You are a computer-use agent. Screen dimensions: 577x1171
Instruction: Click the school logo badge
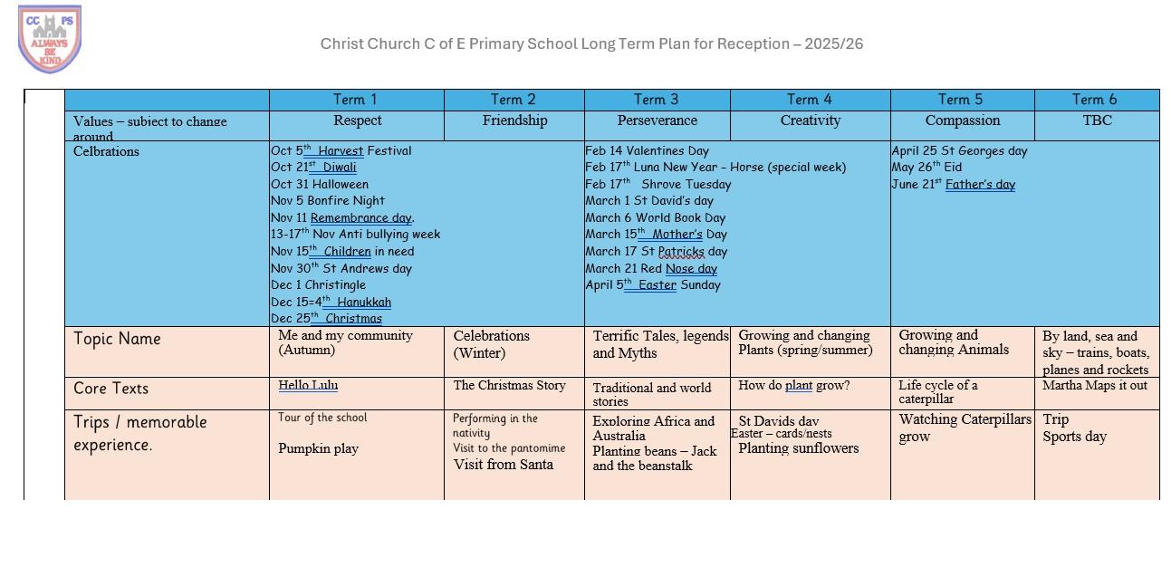pyautogui.click(x=50, y=39)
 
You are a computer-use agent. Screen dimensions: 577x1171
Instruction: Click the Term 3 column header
pyautogui.click(x=657, y=100)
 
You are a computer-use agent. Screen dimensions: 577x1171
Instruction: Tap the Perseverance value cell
pyautogui.click(x=657, y=120)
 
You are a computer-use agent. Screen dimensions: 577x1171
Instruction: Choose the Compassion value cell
pyautogui.click(x=962, y=120)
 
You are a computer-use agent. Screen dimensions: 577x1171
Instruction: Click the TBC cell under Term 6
pyautogui.click(x=1097, y=120)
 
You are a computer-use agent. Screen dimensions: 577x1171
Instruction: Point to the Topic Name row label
pyautogui.click(x=117, y=339)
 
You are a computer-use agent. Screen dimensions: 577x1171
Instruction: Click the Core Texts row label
pyautogui.click(x=110, y=389)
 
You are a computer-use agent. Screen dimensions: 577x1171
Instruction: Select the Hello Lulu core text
pyautogui.click(x=308, y=385)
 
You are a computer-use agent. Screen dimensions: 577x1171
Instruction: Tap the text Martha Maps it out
pyautogui.click(x=1094, y=385)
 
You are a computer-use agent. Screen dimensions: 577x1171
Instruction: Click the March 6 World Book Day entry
pyautogui.click(x=655, y=217)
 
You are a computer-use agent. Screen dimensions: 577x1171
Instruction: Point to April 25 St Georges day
pyautogui.click(x=959, y=151)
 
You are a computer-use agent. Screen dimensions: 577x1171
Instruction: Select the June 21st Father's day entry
pyautogui.click(x=953, y=184)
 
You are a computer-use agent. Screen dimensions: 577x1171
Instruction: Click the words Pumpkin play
pyautogui.click(x=318, y=448)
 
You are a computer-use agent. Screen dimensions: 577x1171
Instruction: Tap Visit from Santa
pyautogui.click(x=503, y=465)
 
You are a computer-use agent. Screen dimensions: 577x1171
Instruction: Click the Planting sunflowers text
pyautogui.click(x=798, y=448)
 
